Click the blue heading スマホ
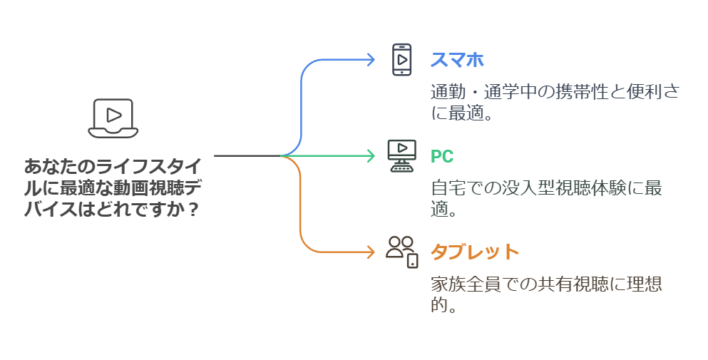point(457,59)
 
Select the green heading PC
point(442,156)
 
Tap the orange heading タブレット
point(474,252)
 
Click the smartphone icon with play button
point(402,59)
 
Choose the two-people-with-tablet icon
point(402,252)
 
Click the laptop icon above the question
point(111,118)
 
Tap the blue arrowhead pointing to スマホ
point(371,59)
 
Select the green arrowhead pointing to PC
point(371,155)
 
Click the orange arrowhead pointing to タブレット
point(371,252)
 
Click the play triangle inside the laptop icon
point(112,114)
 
